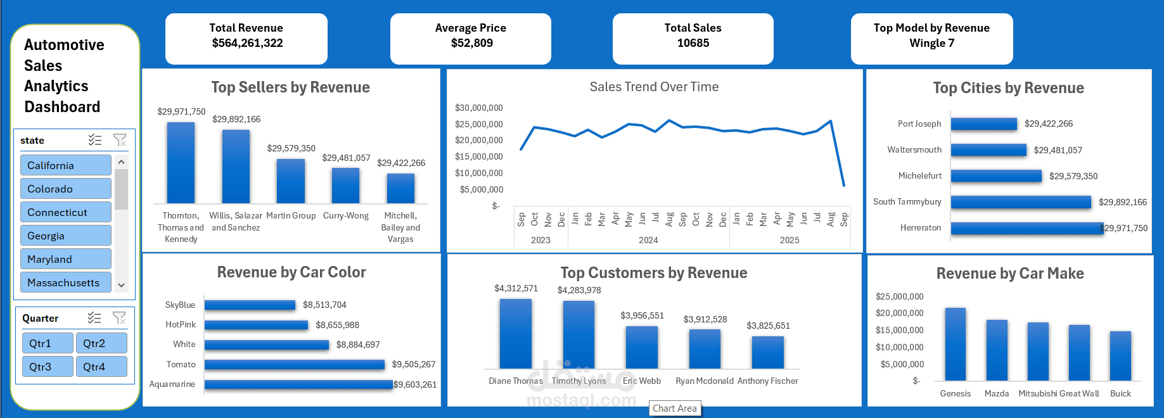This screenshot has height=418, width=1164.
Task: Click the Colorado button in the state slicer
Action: tap(66, 189)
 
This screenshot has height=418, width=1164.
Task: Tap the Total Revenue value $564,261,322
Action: tap(247, 43)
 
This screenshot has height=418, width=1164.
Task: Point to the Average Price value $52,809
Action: tap(471, 43)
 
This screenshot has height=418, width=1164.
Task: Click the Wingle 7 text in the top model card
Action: tap(931, 43)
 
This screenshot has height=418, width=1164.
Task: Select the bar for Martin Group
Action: tap(291, 181)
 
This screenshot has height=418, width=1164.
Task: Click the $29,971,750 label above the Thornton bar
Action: tap(181, 111)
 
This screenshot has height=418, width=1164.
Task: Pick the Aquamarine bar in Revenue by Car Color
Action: tap(298, 384)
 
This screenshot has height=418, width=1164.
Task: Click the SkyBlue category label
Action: tap(180, 305)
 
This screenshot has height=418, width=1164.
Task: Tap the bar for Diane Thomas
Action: tap(515, 334)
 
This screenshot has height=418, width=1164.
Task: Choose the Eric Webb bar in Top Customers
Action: tap(641, 347)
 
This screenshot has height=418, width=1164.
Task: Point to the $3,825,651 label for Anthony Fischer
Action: tap(768, 326)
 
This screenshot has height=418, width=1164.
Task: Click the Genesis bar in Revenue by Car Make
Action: tap(955, 344)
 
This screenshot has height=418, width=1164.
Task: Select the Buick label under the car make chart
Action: tap(1120, 393)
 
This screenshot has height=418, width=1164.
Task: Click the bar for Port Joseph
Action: tap(983, 124)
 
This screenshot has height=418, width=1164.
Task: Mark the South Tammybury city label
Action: tap(907, 201)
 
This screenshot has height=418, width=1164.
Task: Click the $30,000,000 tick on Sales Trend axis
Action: tap(478, 108)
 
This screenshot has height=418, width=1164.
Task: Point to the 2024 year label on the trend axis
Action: tap(648, 240)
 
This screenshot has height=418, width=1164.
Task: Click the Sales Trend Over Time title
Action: tap(654, 87)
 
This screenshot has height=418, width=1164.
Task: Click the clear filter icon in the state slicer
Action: tap(120, 140)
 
